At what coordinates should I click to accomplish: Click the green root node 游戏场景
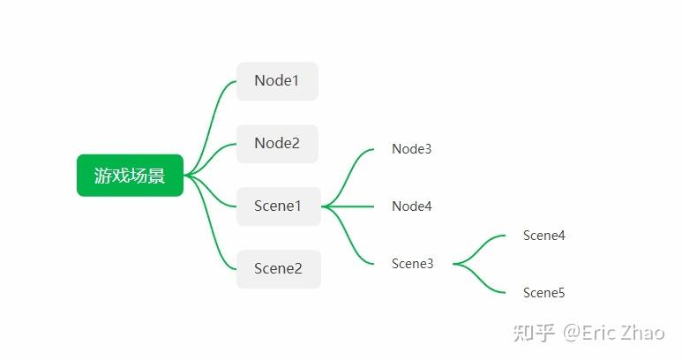(130, 176)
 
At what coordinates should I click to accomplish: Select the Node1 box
(278, 81)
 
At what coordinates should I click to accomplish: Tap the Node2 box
(278, 144)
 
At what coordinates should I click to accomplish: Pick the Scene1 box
(279, 206)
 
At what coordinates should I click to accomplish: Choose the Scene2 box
(279, 269)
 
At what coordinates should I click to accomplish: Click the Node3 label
(411, 149)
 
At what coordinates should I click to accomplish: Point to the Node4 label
(411, 206)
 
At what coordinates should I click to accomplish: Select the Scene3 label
(412, 264)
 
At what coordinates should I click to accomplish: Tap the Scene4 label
(543, 236)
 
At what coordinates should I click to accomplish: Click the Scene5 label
(543, 293)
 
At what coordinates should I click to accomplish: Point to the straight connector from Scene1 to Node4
(348, 206)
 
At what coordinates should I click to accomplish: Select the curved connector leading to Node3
(348, 176)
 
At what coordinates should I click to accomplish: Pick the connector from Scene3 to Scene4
(477, 250)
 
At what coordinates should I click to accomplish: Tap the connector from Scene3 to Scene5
(477, 278)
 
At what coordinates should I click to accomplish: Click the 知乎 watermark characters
(534, 333)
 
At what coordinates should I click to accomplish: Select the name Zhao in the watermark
(642, 333)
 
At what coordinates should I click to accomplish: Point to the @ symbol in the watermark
(572, 334)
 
